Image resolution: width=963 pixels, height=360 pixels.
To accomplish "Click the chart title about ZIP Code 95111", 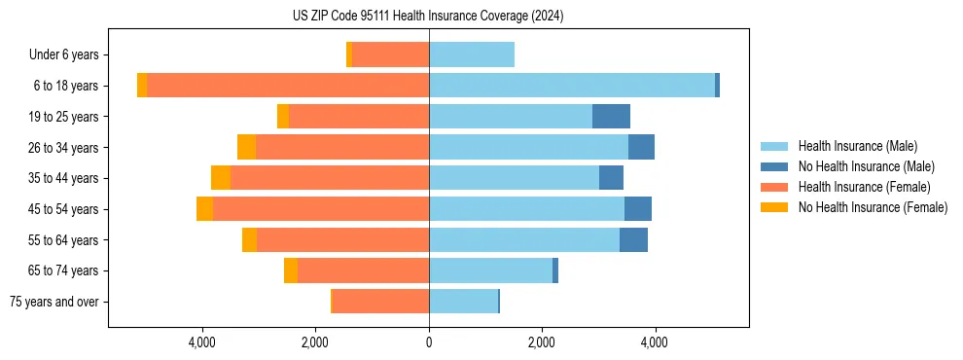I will [428, 17].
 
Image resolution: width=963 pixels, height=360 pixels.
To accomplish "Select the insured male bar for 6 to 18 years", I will [572, 86].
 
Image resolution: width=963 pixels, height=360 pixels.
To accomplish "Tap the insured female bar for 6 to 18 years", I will [288, 86].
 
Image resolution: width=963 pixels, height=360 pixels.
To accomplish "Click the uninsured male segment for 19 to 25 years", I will [611, 117].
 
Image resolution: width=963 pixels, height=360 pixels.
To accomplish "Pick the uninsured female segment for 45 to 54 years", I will [204, 209].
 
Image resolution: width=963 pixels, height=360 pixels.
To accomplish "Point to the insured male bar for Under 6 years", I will [472, 54].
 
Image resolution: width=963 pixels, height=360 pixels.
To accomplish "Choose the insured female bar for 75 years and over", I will [380, 302].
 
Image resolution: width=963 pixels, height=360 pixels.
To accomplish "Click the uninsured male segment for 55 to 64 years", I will [633, 240].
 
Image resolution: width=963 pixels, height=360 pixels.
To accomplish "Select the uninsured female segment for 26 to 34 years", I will [246, 147].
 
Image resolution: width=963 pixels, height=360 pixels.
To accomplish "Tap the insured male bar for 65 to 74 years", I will [490, 270].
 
